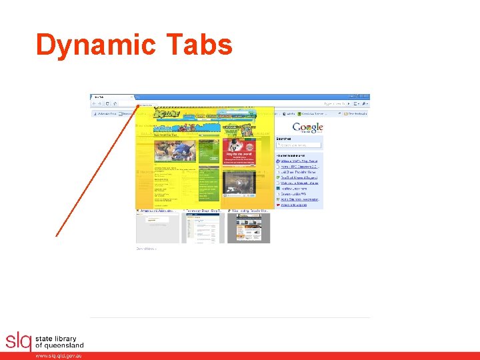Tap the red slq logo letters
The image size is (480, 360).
point(18,341)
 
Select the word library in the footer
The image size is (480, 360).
point(65,339)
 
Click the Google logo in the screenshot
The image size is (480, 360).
point(307,128)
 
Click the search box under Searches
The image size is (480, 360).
point(299,145)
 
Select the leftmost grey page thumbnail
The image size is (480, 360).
point(158,228)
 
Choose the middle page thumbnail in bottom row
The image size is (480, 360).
point(203,228)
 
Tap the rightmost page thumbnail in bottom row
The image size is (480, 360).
point(248,228)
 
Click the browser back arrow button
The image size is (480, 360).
point(93,104)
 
